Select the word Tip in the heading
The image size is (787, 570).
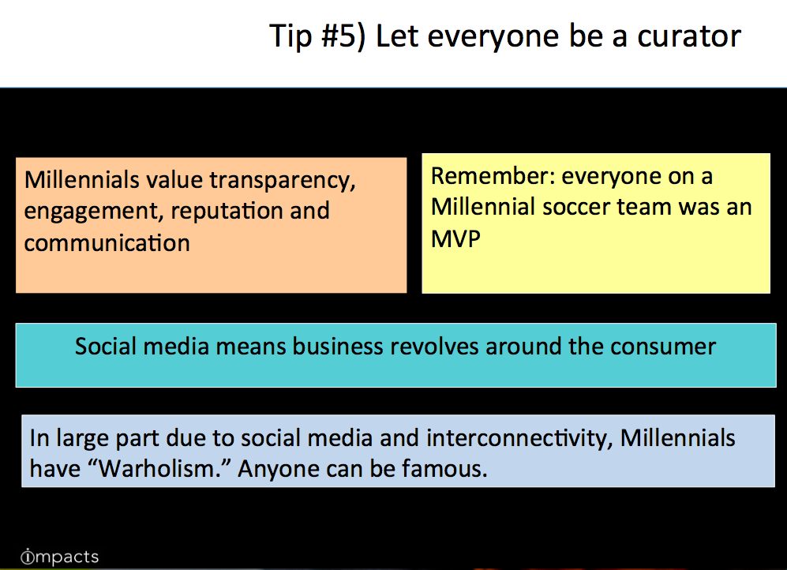290,37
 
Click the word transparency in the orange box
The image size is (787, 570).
282,181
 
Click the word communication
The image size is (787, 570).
107,243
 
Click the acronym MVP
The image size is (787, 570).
455,239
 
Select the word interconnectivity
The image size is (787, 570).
519,438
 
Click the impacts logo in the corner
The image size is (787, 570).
60,557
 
